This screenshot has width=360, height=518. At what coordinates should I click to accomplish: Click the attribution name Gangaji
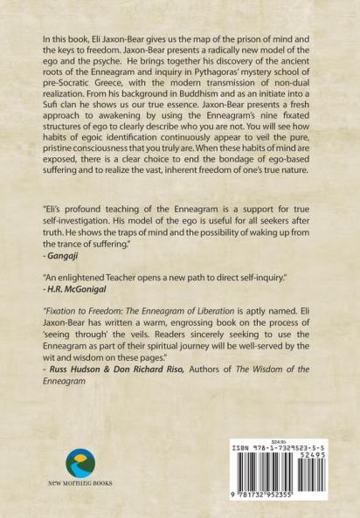tap(63, 281)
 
